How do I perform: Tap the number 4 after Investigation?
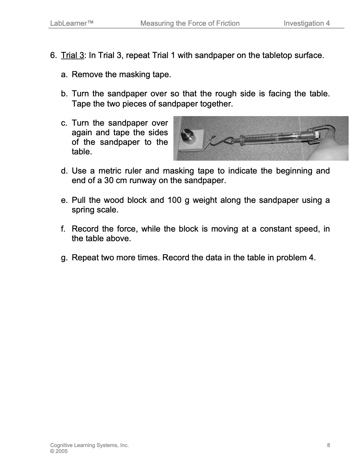tap(328, 23)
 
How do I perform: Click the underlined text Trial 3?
tap(72, 56)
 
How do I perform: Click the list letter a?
tap(63, 75)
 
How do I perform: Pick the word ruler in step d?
tap(133, 171)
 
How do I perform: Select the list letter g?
tap(63, 258)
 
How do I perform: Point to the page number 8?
tap(329, 445)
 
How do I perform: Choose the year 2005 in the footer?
tap(62, 451)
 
